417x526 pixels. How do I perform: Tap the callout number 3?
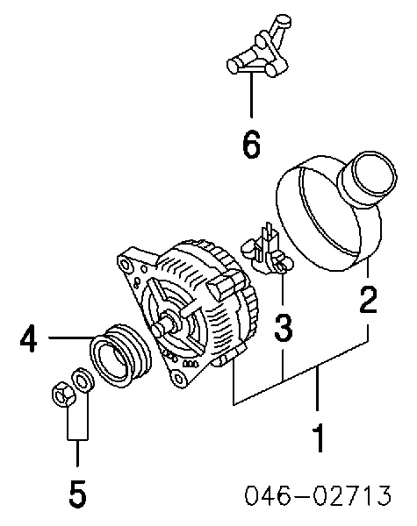pyautogui.click(x=283, y=329)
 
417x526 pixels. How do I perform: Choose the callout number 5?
pyautogui.click(x=77, y=495)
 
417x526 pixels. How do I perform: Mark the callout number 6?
pyautogui.click(x=251, y=145)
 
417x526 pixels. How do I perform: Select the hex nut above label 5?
pyautogui.click(x=62, y=396)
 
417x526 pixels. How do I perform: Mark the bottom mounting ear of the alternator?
pyautogui.click(x=180, y=378)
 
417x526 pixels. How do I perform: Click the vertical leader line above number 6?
pyautogui.click(x=251, y=96)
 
